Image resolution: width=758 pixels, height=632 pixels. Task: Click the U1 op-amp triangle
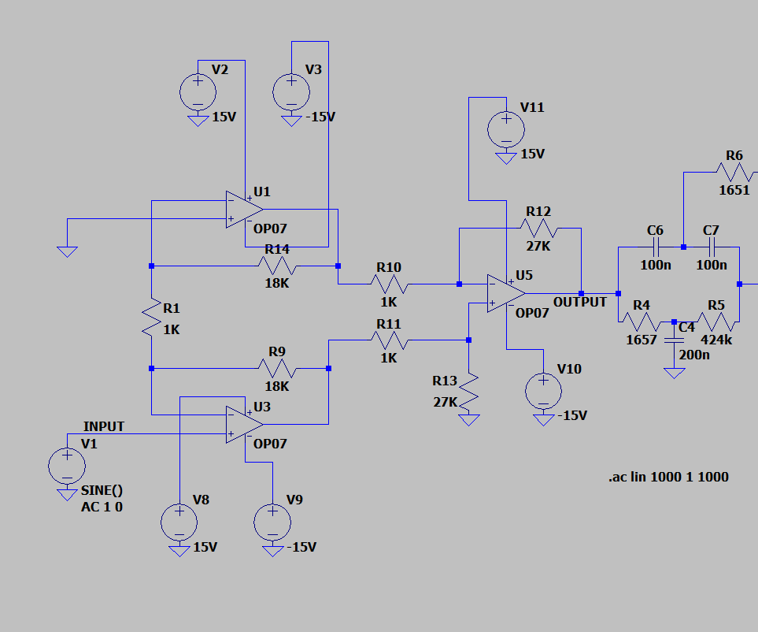click(x=243, y=210)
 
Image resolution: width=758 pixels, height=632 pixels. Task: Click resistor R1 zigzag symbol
click(x=151, y=318)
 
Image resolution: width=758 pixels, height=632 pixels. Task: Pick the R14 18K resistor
click(x=276, y=266)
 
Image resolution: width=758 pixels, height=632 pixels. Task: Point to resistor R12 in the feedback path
click(x=538, y=229)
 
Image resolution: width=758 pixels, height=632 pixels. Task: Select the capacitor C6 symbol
click(x=655, y=247)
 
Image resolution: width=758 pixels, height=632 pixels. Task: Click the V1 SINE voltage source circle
click(x=67, y=465)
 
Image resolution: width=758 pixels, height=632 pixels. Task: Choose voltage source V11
click(x=506, y=128)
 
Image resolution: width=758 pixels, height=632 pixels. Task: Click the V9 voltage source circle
click(x=272, y=522)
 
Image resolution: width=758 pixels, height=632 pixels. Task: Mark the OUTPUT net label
click(x=580, y=302)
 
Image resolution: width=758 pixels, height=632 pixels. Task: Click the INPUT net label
click(x=104, y=426)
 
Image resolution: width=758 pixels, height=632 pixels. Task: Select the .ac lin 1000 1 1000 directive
click(x=668, y=477)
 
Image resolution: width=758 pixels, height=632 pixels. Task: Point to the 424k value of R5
click(x=716, y=340)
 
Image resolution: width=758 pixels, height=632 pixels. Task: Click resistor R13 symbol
click(x=469, y=392)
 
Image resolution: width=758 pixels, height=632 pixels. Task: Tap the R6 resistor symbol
click(x=734, y=169)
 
